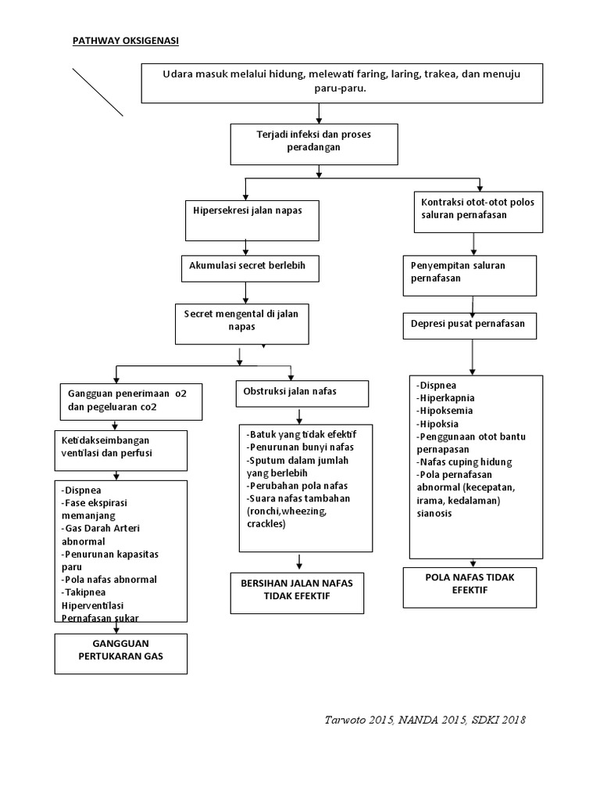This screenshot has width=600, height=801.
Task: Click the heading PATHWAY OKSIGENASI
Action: [126, 41]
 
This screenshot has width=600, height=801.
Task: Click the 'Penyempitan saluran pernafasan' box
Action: [470, 274]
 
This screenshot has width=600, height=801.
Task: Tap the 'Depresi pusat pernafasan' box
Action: [470, 324]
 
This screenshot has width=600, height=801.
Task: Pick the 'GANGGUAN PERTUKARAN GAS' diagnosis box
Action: [121, 653]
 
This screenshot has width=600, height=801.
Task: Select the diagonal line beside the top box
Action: [98, 92]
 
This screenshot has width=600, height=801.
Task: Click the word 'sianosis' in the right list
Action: [436, 513]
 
